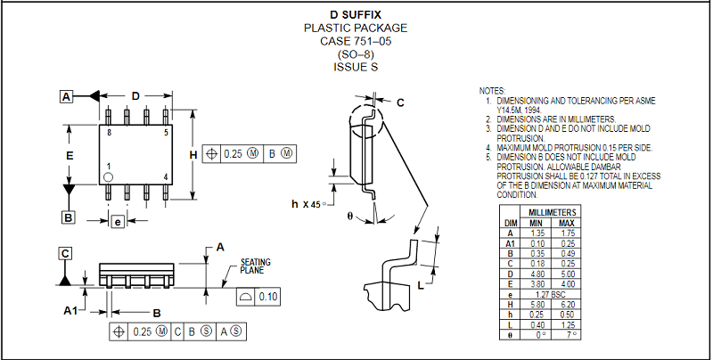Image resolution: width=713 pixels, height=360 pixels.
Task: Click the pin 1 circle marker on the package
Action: tap(108, 177)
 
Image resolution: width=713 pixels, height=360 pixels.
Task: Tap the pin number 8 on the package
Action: tap(109, 132)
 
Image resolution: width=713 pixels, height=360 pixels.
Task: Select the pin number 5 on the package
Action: tap(166, 132)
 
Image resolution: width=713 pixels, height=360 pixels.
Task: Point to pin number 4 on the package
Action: tap(166, 176)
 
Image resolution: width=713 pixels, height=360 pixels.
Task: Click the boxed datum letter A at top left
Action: tap(67, 96)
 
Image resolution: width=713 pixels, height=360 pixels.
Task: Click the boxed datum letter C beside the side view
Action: tap(65, 254)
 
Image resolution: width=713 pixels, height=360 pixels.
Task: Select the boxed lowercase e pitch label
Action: tap(117, 222)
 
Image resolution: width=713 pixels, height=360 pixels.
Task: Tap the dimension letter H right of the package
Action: tap(193, 153)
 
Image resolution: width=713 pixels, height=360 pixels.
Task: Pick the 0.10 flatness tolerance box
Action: tap(267, 296)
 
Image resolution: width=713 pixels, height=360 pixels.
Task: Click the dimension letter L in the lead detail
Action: tap(420, 285)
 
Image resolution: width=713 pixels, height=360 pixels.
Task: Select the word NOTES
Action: tap(492, 91)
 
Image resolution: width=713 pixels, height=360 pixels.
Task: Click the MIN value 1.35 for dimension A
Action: tap(538, 232)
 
